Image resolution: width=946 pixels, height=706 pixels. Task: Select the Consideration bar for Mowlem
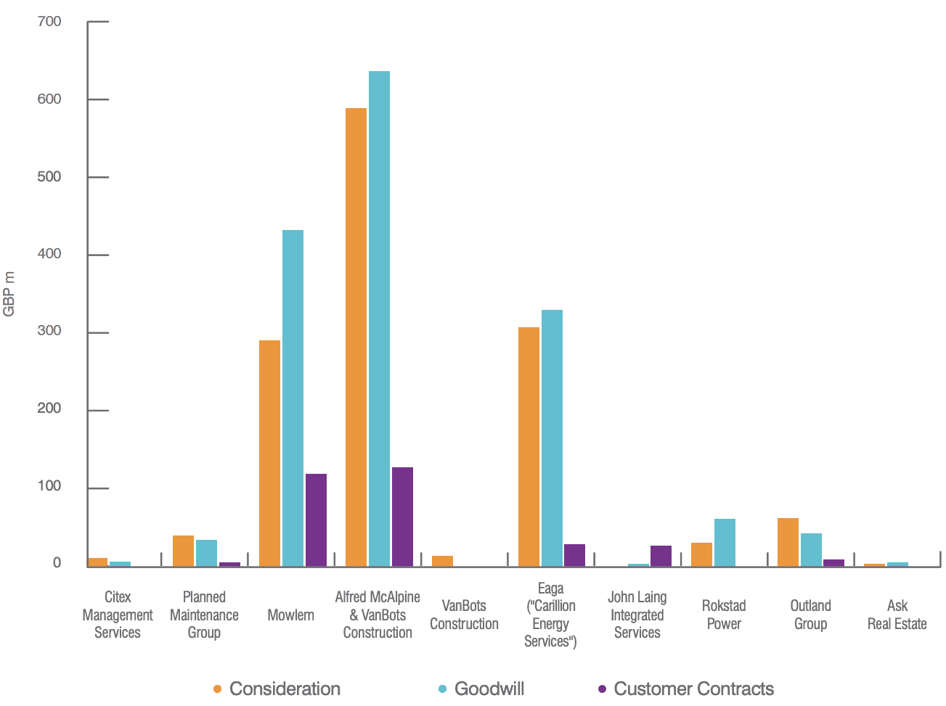coord(269,453)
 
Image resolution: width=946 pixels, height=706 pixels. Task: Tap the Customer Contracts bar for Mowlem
coord(316,520)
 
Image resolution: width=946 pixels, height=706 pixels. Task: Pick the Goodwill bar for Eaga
coord(552,438)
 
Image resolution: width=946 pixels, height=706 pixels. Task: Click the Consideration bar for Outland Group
coord(788,542)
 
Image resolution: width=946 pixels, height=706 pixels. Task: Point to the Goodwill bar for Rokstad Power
coord(725,542)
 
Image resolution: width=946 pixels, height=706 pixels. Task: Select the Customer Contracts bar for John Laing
coord(661,556)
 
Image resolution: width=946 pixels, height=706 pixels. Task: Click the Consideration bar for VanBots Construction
coord(442,561)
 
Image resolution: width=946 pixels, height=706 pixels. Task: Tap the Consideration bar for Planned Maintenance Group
coord(183,551)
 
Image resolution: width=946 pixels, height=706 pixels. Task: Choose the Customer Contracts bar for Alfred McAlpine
coord(402,517)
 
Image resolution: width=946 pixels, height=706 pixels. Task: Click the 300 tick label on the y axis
coord(49,332)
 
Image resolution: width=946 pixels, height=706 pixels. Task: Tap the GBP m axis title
coord(9,294)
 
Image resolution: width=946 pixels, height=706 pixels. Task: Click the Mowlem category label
coord(290,615)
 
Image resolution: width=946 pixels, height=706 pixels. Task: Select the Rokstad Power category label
coord(724,615)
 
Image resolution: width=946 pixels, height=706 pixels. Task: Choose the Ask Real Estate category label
coord(897,615)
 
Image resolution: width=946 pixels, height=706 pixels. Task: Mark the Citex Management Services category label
coord(118,615)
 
